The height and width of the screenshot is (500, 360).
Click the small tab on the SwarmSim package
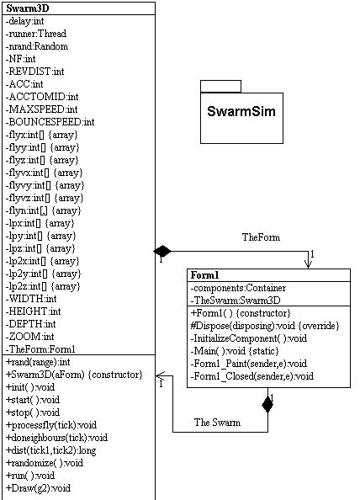(x=220, y=85)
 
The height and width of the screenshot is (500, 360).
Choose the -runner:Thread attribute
(x=37, y=34)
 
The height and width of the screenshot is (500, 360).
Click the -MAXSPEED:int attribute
(x=42, y=109)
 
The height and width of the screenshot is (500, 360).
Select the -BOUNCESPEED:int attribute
(x=50, y=121)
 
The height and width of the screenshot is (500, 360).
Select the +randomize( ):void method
(x=44, y=462)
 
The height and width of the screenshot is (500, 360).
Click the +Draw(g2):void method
(x=38, y=487)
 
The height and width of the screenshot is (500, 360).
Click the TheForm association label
(x=260, y=237)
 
